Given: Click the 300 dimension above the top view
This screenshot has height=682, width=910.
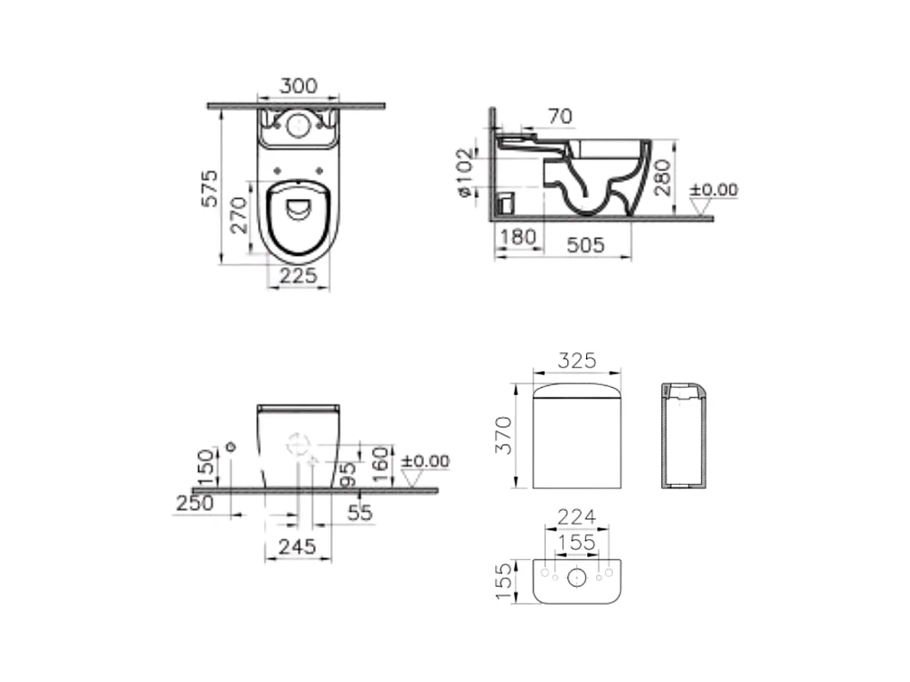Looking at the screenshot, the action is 299,86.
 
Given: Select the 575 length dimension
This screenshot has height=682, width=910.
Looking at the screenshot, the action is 210,188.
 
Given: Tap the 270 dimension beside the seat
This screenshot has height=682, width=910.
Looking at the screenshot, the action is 238,215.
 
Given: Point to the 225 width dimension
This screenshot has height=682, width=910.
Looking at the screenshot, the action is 299,275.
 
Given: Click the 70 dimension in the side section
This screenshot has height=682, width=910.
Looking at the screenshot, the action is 560,117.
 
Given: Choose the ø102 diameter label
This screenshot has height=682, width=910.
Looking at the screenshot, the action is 466,172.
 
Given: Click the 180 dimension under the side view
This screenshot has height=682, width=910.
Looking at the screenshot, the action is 517,236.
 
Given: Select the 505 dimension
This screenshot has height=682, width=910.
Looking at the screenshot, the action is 585,245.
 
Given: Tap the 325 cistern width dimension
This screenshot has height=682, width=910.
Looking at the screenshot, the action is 577,361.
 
